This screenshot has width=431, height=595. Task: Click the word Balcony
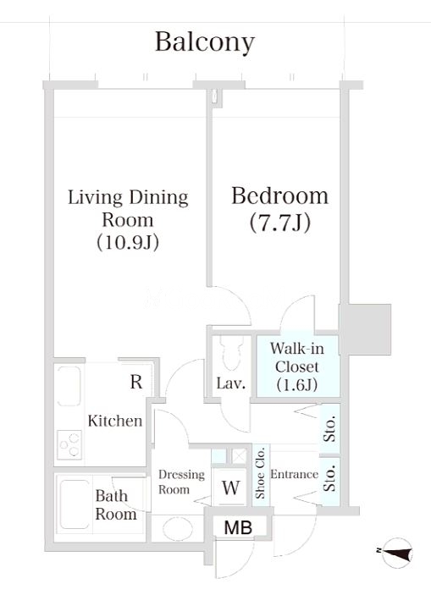[205, 43]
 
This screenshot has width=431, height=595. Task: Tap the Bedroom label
[280, 196]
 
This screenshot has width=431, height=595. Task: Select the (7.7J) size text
[280, 223]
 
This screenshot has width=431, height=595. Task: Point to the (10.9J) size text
[128, 242]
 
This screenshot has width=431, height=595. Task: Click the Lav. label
[231, 383]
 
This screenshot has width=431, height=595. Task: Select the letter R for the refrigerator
[136, 382]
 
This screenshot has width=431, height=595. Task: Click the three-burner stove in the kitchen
[69, 444]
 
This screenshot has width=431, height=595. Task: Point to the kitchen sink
[69, 386]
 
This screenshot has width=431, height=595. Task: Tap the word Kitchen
[115, 421]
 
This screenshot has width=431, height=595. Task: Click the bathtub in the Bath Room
[75, 504]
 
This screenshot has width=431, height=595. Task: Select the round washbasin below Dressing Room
[178, 529]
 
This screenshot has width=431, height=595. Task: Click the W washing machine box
[231, 488]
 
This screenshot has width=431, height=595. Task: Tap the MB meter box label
[238, 527]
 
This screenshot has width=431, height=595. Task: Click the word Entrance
[295, 474]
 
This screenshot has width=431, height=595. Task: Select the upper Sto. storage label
[330, 429]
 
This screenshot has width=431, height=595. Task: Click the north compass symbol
[397, 552]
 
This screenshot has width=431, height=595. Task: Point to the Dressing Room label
[181, 482]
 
